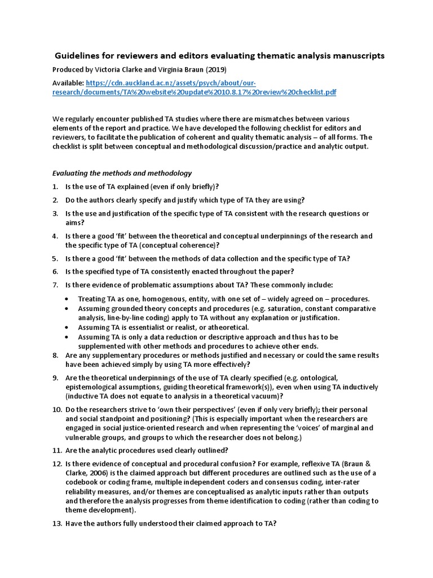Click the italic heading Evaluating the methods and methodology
(x=122, y=173)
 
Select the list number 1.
(x=55, y=186)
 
